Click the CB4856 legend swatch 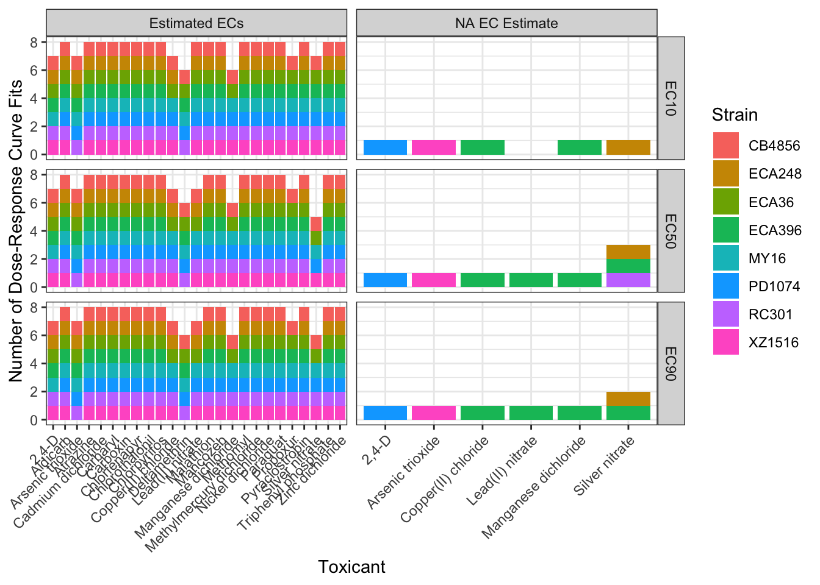[x=725, y=146]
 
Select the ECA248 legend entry [x=725, y=174]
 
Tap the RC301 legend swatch [x=725, y=314]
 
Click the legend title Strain [x=735, y=115]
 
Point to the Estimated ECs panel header [x=196, y=23]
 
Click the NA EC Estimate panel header [x=506, y=23]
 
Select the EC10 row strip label [x=671, y=98]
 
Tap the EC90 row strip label [x=671, y=363]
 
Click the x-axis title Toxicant [x=351, y=567]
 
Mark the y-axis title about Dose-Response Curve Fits [x=16, y=231]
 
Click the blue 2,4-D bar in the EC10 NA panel [x=385, y=147]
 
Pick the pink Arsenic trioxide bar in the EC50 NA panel [x=434, y=280]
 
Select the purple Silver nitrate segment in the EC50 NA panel [x=628, y=280]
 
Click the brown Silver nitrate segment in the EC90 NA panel [x=628, y=399]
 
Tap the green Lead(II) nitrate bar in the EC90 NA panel [x=531, y=413]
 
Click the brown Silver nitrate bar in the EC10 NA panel [x=628, y=147]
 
